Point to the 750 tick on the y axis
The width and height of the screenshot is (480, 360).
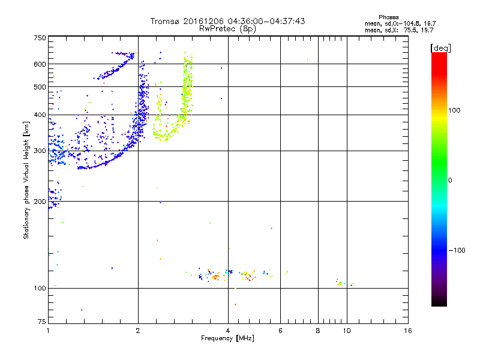(x=40, y=38)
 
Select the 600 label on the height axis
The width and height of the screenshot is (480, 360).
(x=40, y=64)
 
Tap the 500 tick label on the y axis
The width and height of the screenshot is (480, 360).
(x=40, y=87)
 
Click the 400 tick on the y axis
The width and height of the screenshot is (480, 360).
(x=40, y=115)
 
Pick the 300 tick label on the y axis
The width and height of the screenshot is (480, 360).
(x=40, y=151)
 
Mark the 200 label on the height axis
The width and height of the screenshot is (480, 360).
(x=40, y=202)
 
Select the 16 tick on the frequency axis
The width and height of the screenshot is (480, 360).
(x=407, y=331)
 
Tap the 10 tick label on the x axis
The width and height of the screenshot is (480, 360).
(x=346, y=331)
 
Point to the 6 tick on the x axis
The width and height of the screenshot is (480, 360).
(x=280, y=331)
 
